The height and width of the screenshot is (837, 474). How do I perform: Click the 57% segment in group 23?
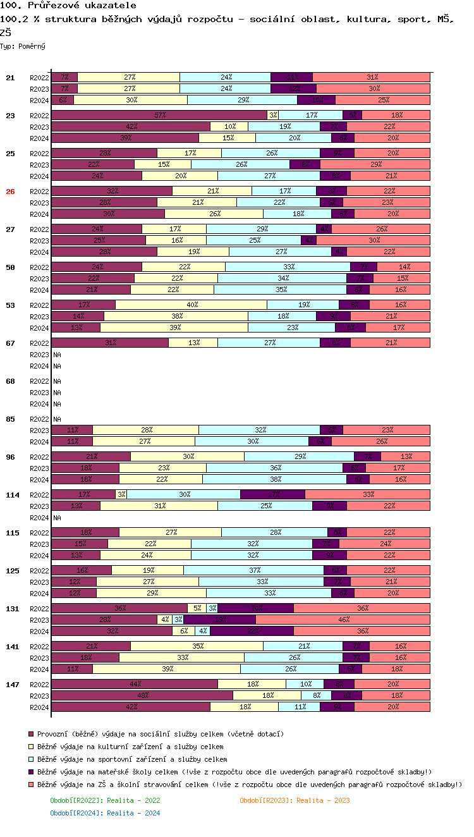159,115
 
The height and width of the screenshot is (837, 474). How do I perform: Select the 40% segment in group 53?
191,305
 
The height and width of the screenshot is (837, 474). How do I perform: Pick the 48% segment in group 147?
142,695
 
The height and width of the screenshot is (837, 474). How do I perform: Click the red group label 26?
10,192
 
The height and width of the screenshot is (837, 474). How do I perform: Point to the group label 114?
13,495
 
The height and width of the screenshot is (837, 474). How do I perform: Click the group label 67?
10,343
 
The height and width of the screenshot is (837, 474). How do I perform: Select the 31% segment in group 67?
110,343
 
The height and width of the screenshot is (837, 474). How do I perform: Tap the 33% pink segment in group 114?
367,494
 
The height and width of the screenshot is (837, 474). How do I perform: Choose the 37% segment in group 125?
253,570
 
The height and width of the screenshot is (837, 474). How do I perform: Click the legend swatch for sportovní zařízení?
30,759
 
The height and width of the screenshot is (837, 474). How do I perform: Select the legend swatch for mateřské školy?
30,772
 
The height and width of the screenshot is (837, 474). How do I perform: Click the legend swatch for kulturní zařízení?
30,747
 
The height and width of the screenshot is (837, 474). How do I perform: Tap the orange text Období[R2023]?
295,800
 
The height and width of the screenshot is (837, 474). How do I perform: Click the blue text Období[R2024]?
105,813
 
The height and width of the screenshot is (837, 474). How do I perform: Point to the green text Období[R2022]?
105,800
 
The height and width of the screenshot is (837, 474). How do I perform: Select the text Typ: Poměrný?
23,46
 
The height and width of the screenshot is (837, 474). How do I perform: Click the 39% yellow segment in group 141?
166,669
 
